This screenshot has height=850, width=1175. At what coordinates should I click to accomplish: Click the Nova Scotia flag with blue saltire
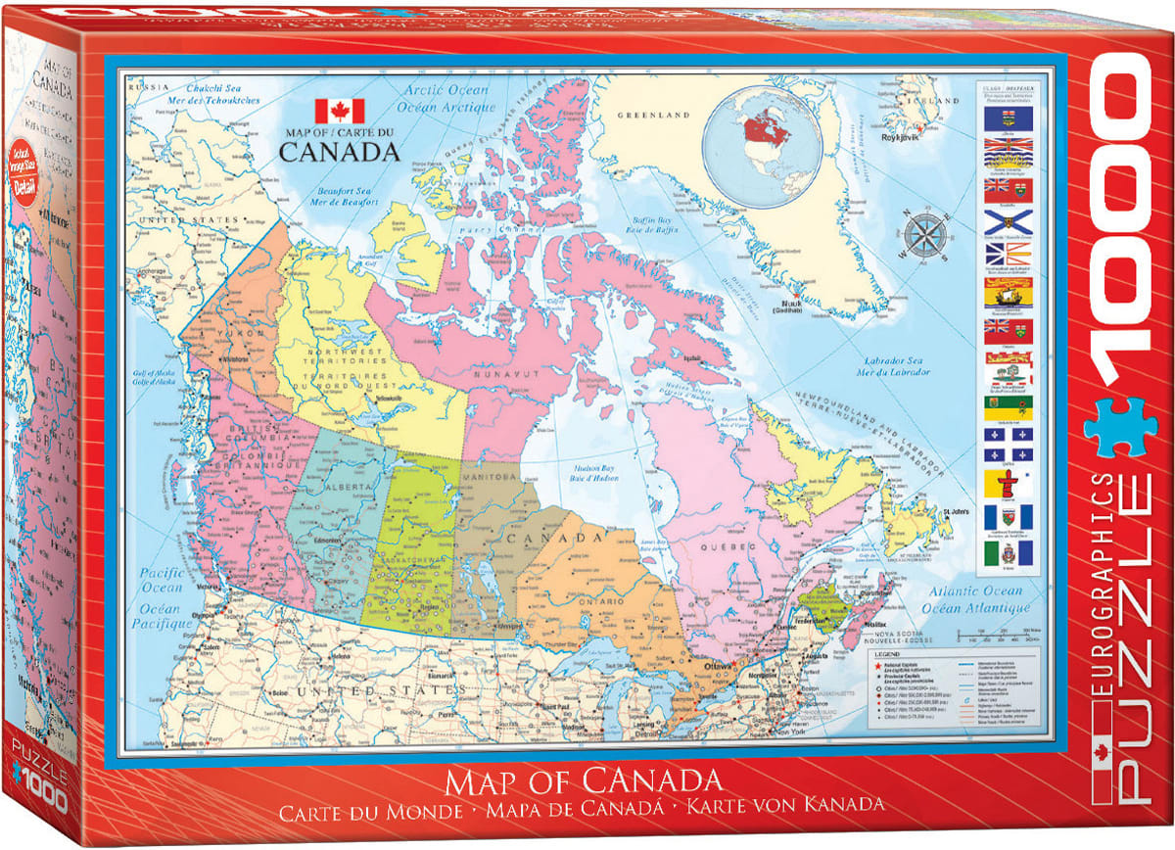pyautogui.click(x=1008, y=220)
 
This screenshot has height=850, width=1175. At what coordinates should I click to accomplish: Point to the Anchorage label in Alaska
pyautogui.click(x=150, y=272)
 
